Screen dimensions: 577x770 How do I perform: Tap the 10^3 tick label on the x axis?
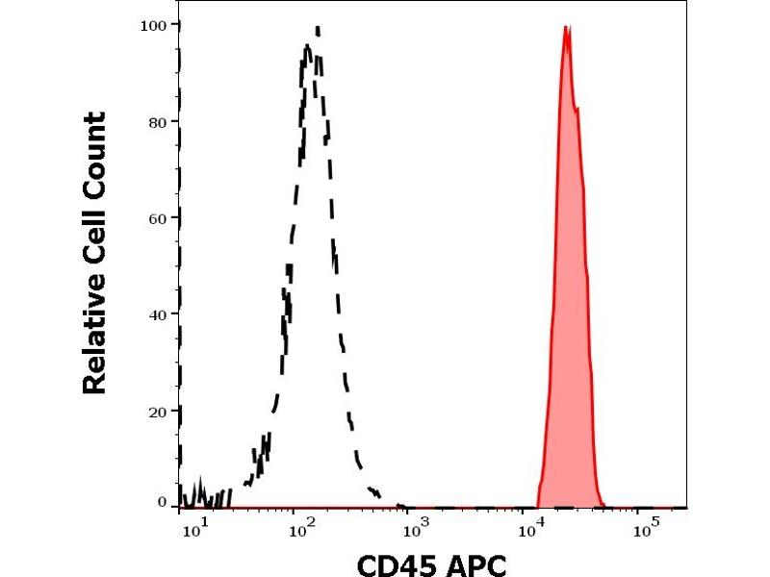(x=416, y=527)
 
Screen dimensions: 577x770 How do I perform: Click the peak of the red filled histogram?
(x=566, y=28)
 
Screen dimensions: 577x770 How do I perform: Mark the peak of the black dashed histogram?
(x=317, y=29)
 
